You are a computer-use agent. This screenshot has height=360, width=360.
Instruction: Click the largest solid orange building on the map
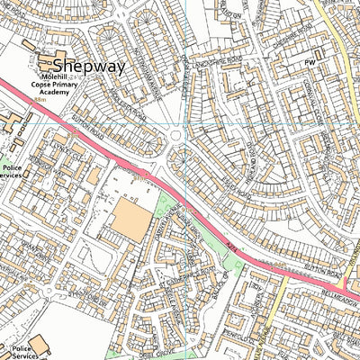131,220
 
